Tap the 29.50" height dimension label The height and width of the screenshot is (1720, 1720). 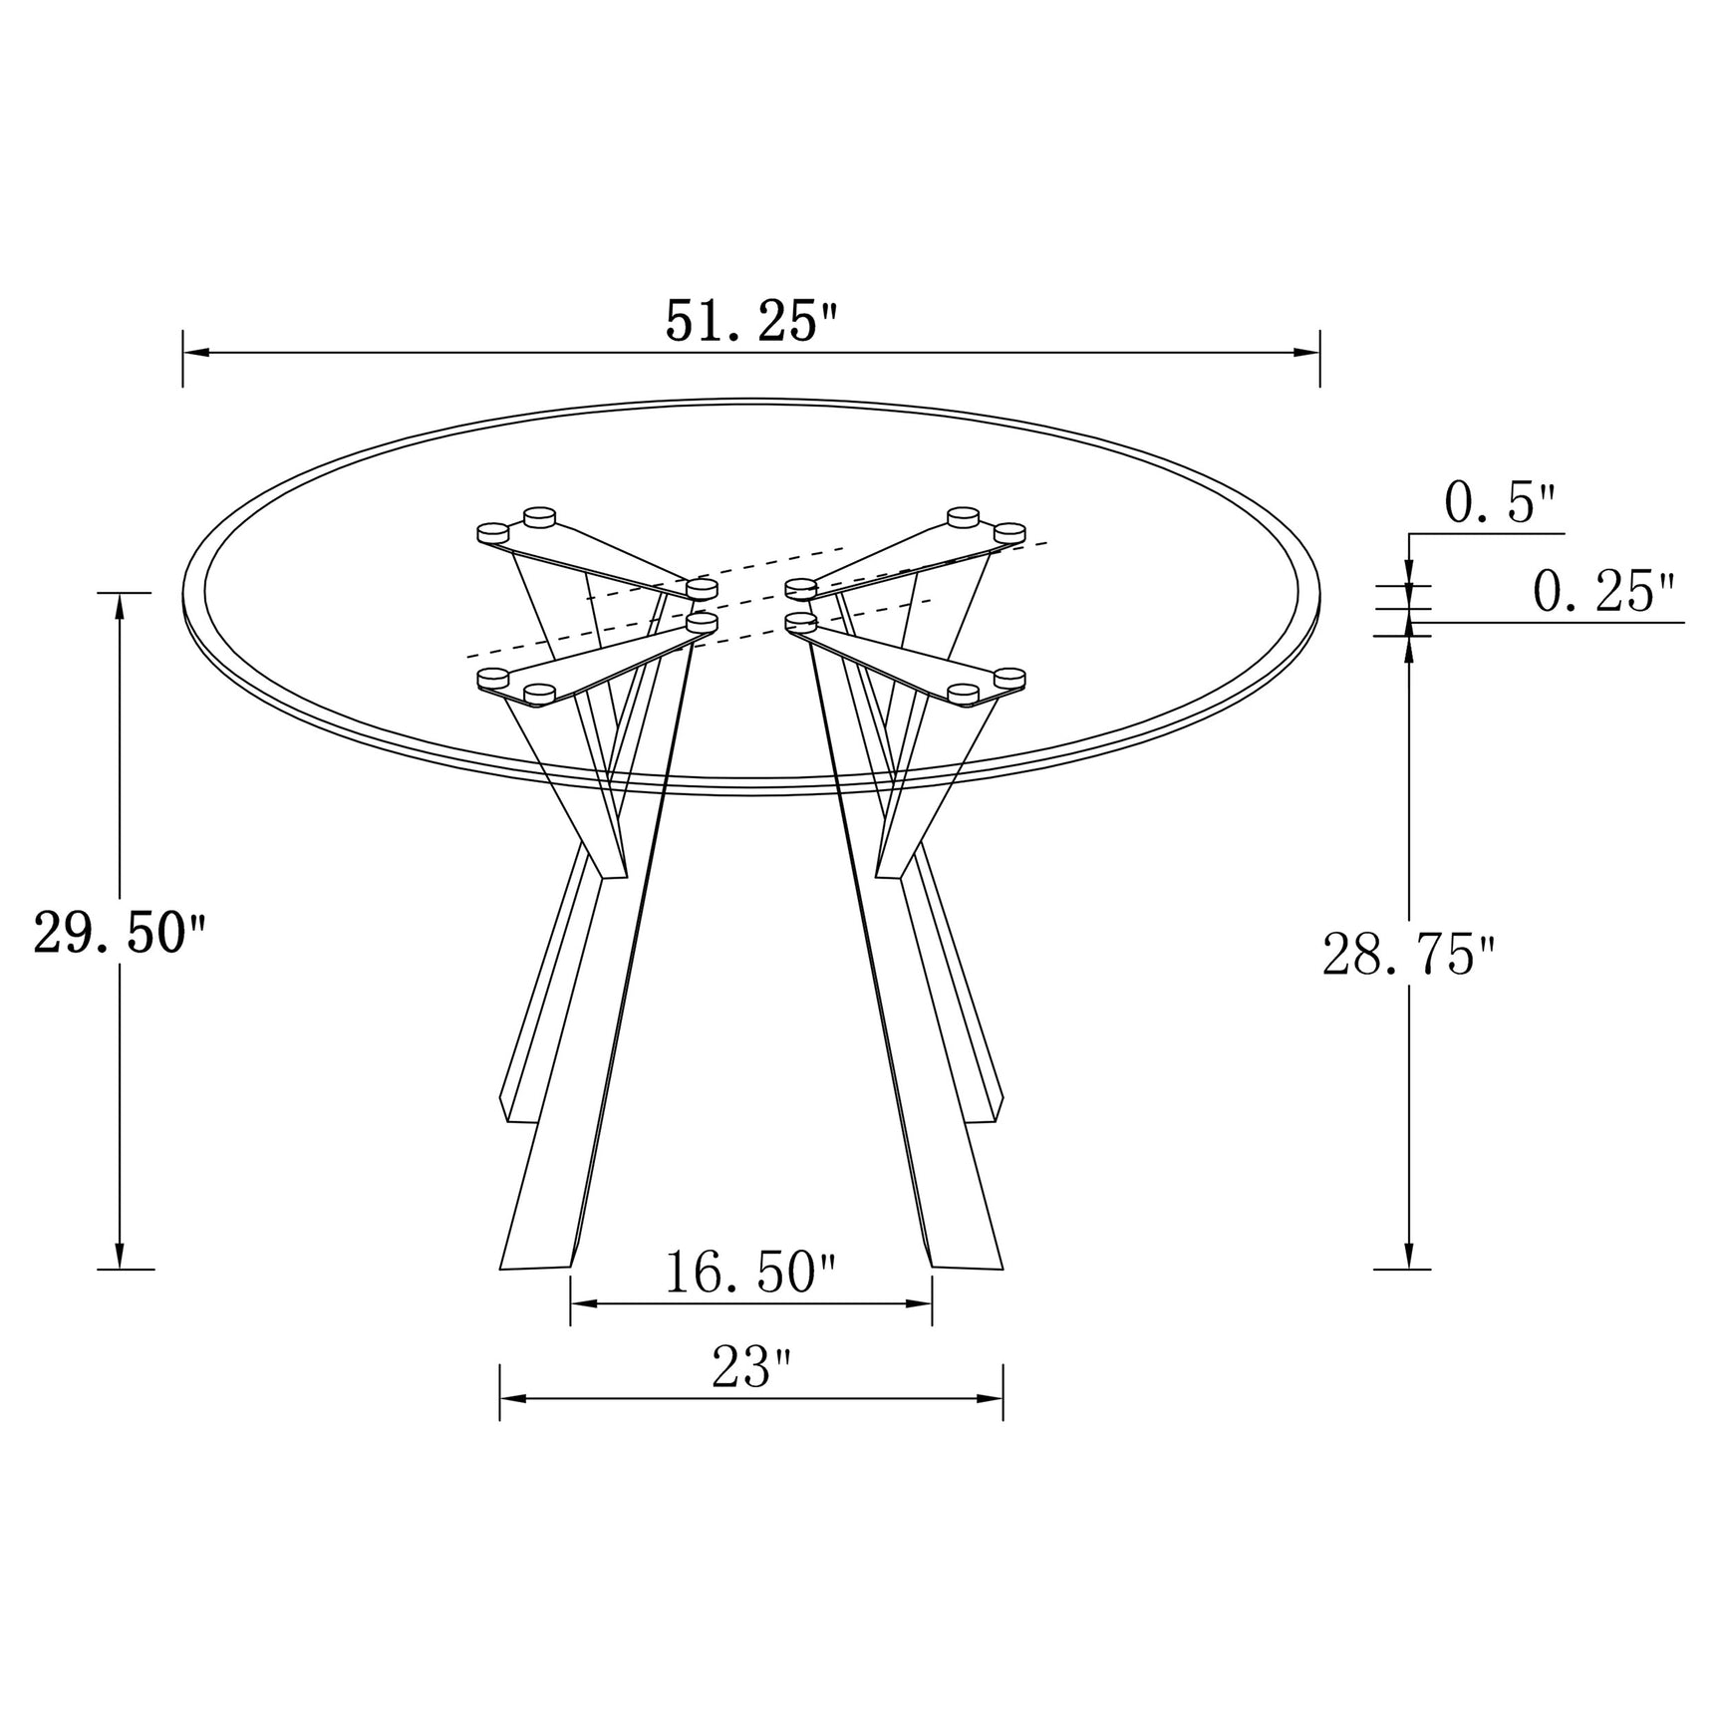(120, 934)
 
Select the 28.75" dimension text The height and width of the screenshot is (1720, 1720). (1408, 956)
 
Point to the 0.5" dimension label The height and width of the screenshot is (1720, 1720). (1499, 506)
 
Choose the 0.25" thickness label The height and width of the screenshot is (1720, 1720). (1602, 593)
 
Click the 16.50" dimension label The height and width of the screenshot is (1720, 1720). (750, 1273)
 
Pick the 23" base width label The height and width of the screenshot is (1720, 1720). (751, 1367)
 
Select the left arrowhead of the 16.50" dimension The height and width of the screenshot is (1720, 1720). (583, 1302)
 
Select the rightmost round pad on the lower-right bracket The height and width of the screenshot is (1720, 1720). (1009, 678)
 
